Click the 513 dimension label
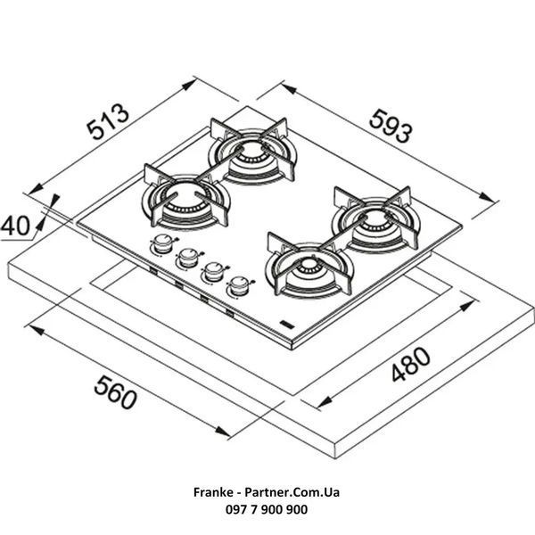108,121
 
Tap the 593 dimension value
391,126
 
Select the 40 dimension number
15,226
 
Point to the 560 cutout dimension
115,392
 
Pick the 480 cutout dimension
411,364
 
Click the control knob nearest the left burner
163,243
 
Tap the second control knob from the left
188,258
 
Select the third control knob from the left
214,272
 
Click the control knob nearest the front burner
239,285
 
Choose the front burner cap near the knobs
309,265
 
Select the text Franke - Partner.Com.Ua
267,492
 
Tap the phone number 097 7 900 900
267,509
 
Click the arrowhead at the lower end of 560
223,432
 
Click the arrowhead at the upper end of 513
189,84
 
